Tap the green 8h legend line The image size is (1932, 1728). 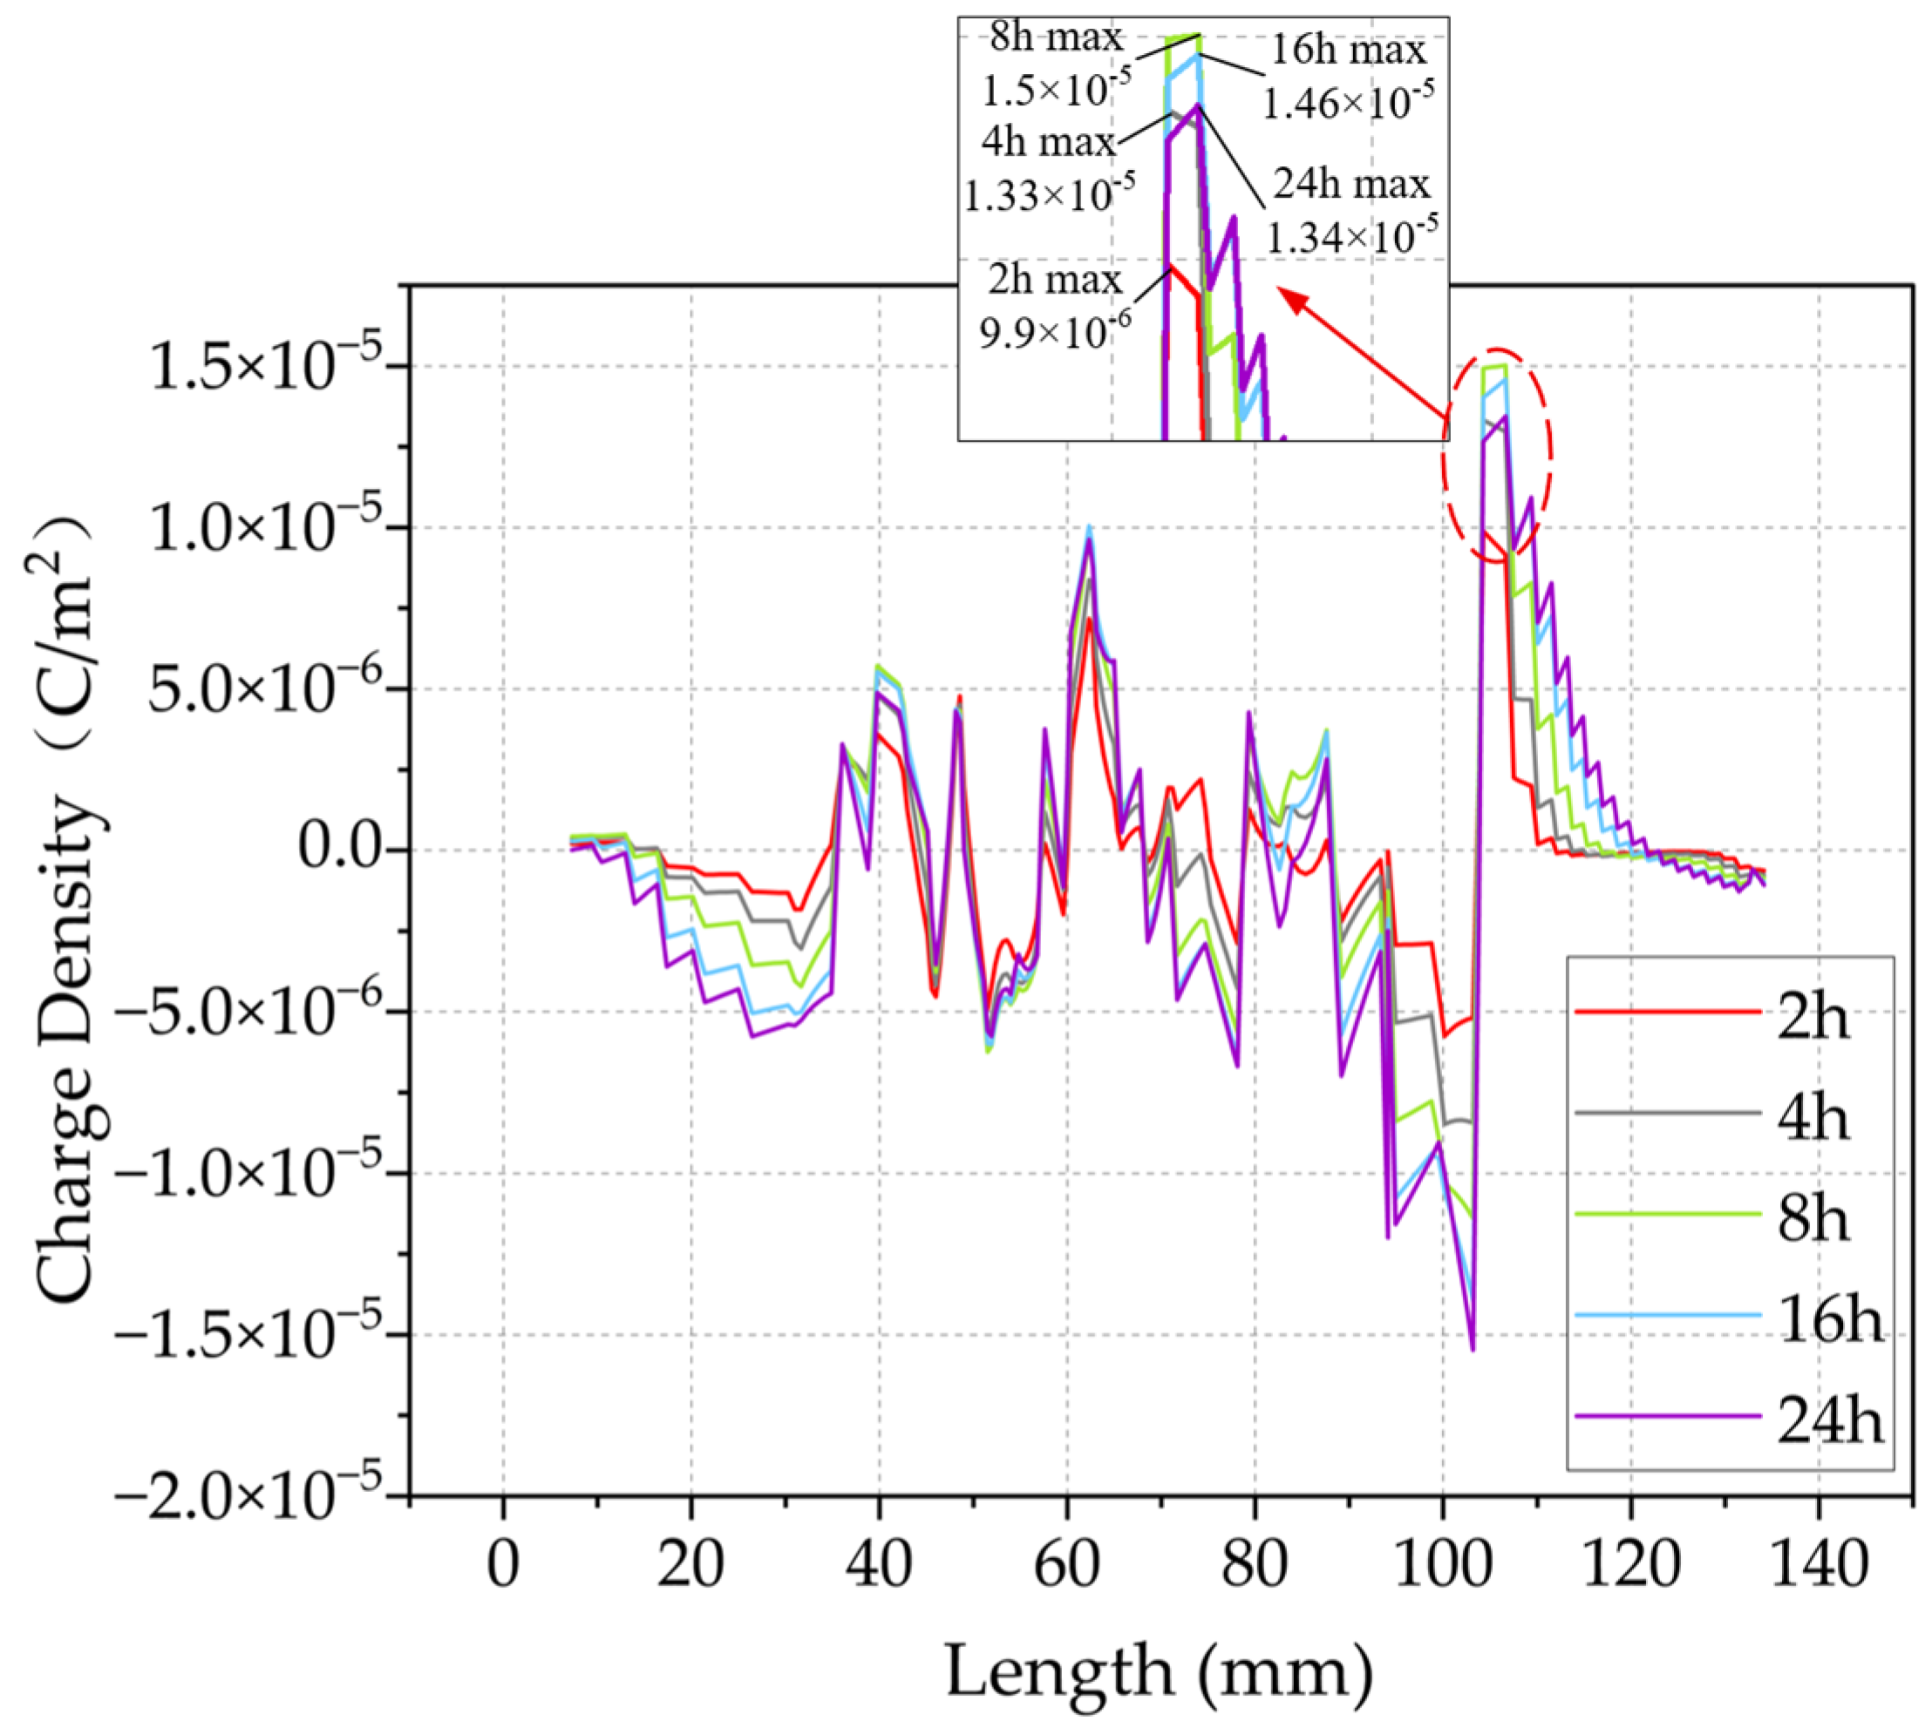1667,1215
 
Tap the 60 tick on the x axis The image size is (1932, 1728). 1065,1565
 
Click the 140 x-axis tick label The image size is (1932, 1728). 1818,1565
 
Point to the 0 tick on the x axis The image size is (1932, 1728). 502,1565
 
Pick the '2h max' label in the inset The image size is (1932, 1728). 1054,280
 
